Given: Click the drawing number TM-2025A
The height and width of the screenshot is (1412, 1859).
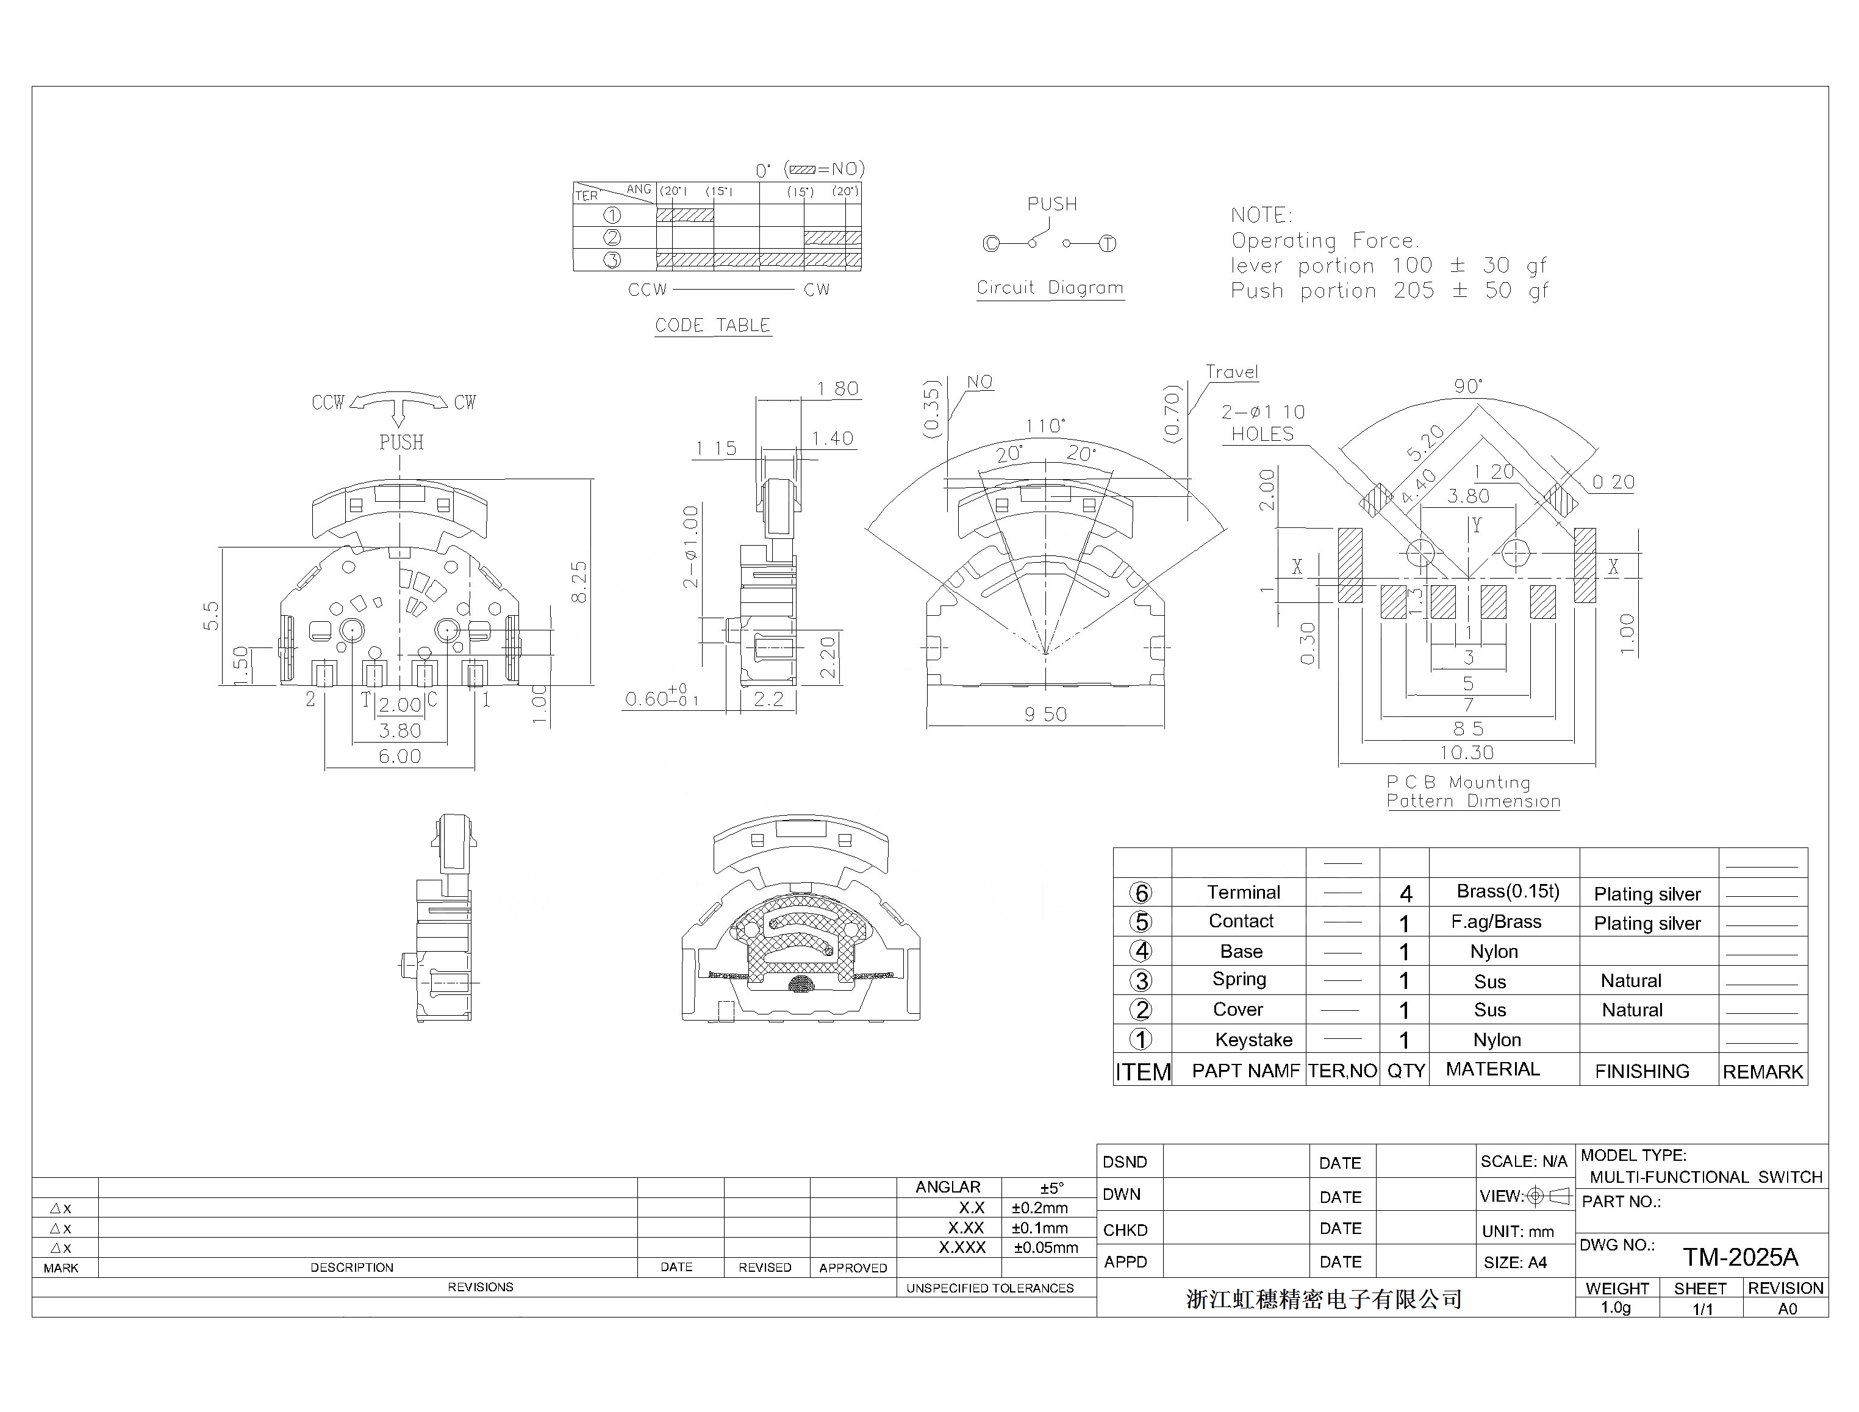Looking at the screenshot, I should pyautogui.click(x=1739, y=1257).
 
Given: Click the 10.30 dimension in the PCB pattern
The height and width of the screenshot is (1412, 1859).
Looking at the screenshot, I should pyautogui.click(x=1466, y=752).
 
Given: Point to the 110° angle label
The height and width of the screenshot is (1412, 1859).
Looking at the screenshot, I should pyautogui.click(x=1044, y=426).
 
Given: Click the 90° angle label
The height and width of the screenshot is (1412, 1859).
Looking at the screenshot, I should pyautogui.click(x=1468, y=387).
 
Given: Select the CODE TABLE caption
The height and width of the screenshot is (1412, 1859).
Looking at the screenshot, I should pyautogui.click(x=712, y=326).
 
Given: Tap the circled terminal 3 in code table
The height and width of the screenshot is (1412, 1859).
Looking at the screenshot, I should pyautogui.click(x=612, y=260).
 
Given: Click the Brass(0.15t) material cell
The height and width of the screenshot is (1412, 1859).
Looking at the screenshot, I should pyautogui.click(x=1508, y=891).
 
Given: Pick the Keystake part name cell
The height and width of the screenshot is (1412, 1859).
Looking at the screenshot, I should pyautogui.click(x=1253, y=1039).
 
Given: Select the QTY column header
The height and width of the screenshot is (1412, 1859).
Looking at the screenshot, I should pyautogui.click(x=1405, y=1071).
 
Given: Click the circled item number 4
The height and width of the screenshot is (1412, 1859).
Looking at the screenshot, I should pyautogui.click(x=1141, y=952).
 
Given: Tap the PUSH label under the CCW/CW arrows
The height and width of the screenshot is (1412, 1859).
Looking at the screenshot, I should pyautogui.click(x=401, y=442).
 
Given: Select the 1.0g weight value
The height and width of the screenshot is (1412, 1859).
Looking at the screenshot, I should pyautogui.click(x=1615, y=1308).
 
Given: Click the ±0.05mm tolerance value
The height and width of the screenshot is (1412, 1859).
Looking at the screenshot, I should pyautogui.click(x=1045, y=1247).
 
